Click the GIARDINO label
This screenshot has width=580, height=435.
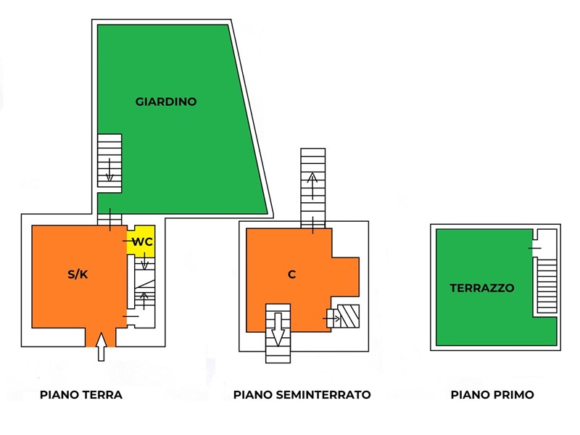(x=166, y=102)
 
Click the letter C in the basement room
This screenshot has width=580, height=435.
(x=291, y=274)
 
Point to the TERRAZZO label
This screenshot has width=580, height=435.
(x=482, y=288)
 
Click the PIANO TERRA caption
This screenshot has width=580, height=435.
(x=81, y=395)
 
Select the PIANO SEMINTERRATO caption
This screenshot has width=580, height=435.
(x=302, y=395)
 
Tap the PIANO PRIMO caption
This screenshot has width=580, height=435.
(x=492, y=395)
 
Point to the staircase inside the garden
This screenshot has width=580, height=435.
(x=109, y=163)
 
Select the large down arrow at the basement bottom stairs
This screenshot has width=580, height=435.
(x=278, y=334)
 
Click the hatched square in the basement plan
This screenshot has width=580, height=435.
(x=350, y=317)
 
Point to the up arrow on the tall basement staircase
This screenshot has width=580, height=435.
(x=313, y=186)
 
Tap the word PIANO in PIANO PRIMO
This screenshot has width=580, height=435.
(x=470, y=395)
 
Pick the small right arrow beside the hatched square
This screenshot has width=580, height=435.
(x=333, y=318)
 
